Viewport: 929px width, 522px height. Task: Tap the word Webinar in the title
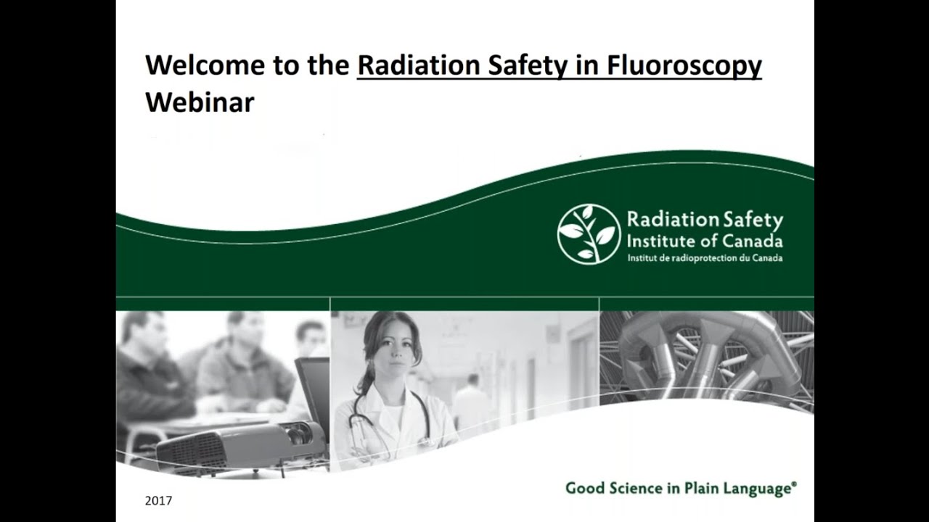click(200, 102)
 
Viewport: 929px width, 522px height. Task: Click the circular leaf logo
click(589, 233)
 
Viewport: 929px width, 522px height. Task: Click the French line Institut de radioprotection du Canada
click(704, 258)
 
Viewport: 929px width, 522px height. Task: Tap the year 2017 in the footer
click(158, 500)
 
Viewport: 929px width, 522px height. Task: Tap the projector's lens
click(295, 435)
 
